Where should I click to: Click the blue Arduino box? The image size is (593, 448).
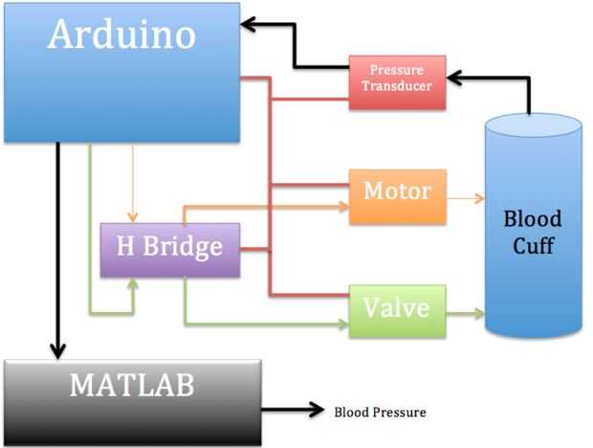tap(121, 72)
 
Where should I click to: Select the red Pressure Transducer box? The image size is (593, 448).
tap(397, 78)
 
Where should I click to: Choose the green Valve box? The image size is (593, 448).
tap(397, 310)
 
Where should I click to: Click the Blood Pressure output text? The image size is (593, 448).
tap(380, 413)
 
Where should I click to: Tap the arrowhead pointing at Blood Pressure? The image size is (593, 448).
tap(317, 411)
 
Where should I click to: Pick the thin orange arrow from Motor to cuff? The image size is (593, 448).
tap(464, 198)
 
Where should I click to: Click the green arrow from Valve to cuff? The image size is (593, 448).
tap(464, 311)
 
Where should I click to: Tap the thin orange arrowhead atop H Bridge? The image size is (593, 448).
tap(133, 214)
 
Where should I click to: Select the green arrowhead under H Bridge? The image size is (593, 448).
tap(134, 283)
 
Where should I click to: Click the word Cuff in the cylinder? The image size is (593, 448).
tap(533, 245)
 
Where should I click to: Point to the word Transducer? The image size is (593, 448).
tap(397, 85)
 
